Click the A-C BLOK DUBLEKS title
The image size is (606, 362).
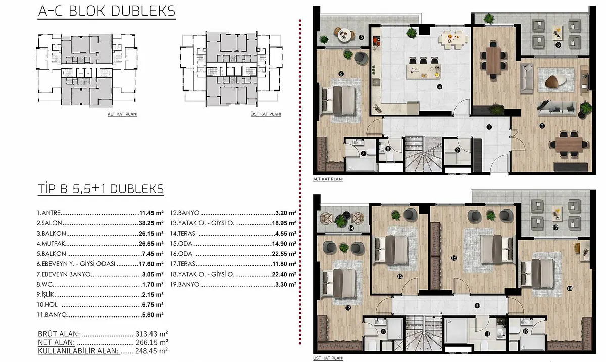(x=107, y=11)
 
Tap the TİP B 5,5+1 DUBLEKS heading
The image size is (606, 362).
(x=100, y=189)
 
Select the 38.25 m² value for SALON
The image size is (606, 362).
(x=151, y=223)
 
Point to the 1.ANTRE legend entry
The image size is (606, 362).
(x=48, y=213)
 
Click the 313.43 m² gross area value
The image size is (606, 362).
(x=151, y=334)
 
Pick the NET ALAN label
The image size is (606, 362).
(x=56, y=342)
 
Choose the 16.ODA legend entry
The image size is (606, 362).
(x=181, y=254)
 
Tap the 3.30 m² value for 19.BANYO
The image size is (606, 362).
(x=286, y=285)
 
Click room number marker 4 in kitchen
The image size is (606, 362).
(x=440, y=87)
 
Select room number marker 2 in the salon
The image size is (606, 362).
(x=542, y=126)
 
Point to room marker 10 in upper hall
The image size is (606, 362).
(x=477, y=306)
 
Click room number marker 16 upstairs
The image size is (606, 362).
(x=454, y=258)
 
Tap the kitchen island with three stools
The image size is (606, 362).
(x=423, y=71)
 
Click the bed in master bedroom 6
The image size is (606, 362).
(x=339, y=101)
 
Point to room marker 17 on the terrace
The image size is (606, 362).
(x=555, y=228)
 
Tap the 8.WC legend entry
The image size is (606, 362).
(x=44, y=285)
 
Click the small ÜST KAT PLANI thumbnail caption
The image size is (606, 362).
(x=266, y=114)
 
